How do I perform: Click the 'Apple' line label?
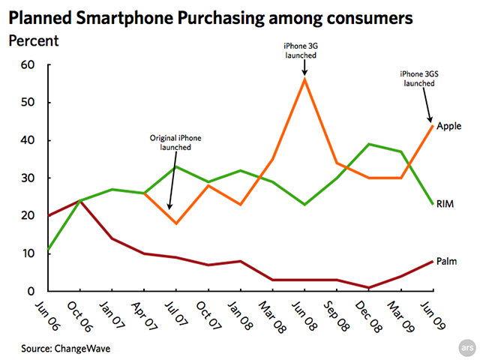coord(448,126)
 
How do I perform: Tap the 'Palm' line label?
coord(448,261)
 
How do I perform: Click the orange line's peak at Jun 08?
coord(304,78)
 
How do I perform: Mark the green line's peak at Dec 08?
coord(369,144)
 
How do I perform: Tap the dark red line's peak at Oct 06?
coord(79,200)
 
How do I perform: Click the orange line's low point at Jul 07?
coord(175,223)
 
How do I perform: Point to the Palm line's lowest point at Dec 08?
coord(369,287)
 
